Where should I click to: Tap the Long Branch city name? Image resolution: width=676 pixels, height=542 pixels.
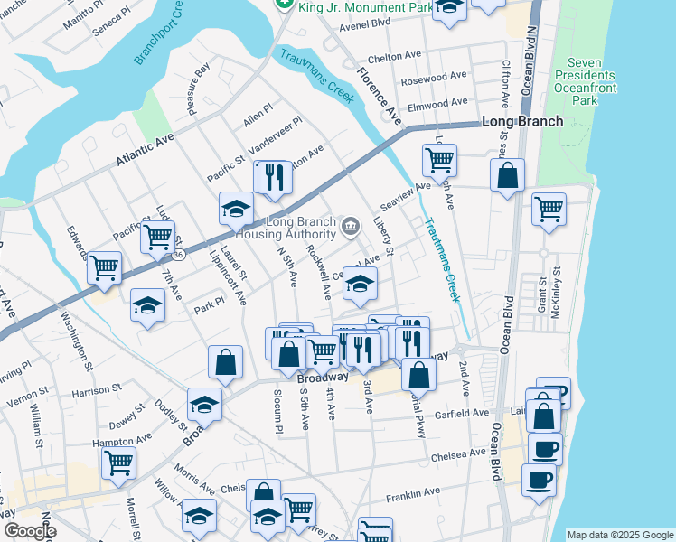(522, 121)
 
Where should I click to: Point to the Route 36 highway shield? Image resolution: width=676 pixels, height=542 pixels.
(179, 256)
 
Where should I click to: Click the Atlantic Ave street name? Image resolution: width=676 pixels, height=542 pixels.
(145, 151)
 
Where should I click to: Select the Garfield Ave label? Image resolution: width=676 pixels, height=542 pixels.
(461, 413)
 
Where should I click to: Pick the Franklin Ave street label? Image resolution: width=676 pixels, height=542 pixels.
(411, 494)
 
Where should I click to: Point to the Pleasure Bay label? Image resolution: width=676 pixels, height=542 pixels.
(198, 88)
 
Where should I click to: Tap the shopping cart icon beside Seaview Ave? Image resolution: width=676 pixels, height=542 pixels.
(439, 162)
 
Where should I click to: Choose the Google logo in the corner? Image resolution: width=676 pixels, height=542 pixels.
(30, 532)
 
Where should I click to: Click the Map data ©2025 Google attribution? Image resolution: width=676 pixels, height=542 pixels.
(619, 535)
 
